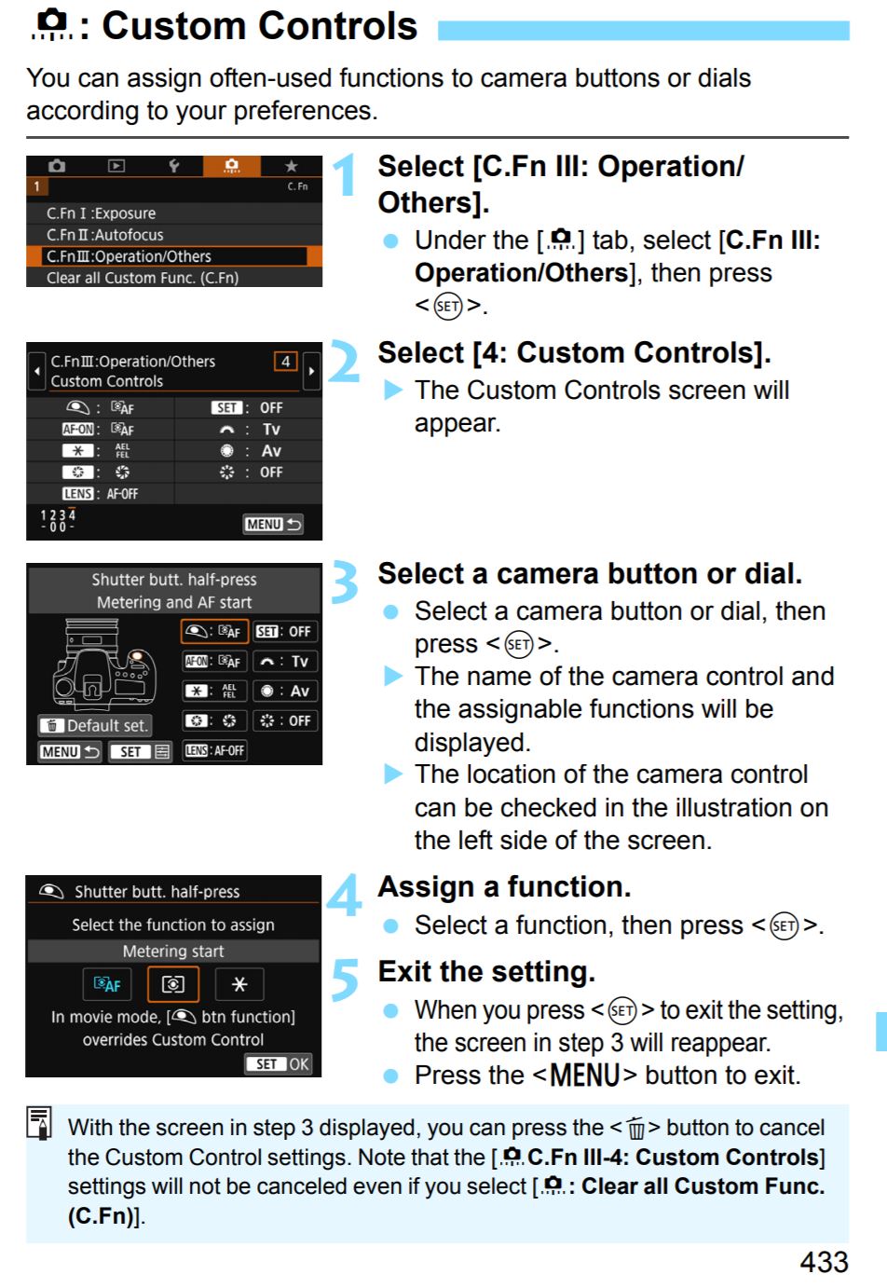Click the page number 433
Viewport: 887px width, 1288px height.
pyautogui.click(x=824, y=1263)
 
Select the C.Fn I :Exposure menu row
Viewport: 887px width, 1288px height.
pyautogui.click(x=173, y=213)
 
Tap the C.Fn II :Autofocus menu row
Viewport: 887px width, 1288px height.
pyautogui.click(x=173, y=235)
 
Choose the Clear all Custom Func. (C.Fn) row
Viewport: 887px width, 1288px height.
pyautogui.click(x=173, y=278)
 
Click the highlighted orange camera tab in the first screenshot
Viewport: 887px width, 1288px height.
pyautogui.click(x=232, y=166)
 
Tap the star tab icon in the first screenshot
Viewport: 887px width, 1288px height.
pyautogui.click(x=292, y=166)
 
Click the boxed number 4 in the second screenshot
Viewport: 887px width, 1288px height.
pyautogui.click(x=285, y=362)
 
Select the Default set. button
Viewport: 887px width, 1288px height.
pyautogui.click(x=95, y=726)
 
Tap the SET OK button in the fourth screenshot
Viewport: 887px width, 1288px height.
pyautogui.click(x=279, y=1064)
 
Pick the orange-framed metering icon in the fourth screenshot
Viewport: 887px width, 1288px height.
pyautogui.click(x=173, y=984)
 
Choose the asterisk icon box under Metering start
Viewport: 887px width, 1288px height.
pyautogui.click(x=239, y=984)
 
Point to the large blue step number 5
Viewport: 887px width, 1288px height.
pyautogui.click(x=345, y=980)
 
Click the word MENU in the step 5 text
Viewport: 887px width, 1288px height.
pyautogui.click(x=584, y=1075)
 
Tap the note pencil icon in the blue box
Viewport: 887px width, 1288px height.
pyautogui.click(x=39, y=1122)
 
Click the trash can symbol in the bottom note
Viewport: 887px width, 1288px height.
pyautogui.click(x=635, y=1128)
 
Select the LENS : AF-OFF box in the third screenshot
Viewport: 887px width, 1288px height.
pyautogui.click(x=214, y=750)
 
